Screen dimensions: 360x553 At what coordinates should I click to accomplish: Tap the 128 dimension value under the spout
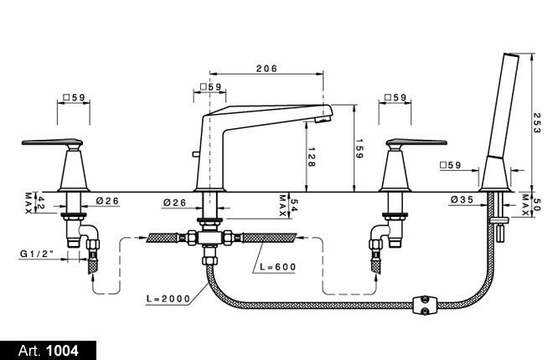click(310, 157)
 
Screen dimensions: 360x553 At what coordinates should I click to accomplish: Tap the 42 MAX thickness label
click(30, 201)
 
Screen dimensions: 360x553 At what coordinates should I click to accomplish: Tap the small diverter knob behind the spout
click(194, 153)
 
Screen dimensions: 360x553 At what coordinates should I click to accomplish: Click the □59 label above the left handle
click(73, 98)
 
